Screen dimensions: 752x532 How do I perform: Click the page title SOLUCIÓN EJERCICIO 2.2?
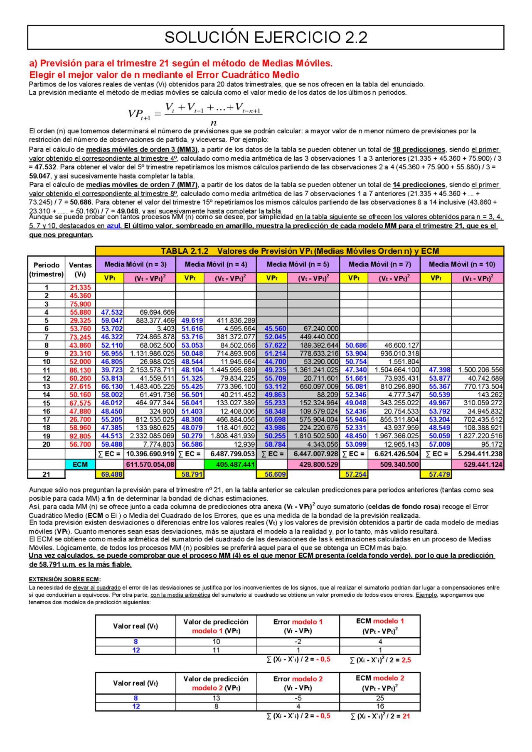click(x=266, y=37)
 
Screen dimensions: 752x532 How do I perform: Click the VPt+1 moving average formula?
click(x=195, y=113)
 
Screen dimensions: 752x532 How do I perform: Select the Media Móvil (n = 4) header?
click(x=216, y=265)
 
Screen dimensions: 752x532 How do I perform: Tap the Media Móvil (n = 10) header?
click(x=462, y=265)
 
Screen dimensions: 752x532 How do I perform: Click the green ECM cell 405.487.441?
click(x=230, y=465)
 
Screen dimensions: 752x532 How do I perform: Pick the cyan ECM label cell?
click(x=80, y=465)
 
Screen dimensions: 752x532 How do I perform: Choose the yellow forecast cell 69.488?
click(x=112, y=474)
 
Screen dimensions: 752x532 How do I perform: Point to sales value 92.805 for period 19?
click(x=80, y=436)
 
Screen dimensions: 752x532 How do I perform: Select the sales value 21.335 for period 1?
click(x=80, y=287)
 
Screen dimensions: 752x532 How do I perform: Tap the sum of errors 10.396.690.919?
click(x=150, y=454)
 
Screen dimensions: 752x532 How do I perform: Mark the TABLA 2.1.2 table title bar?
click(x=299, y=251)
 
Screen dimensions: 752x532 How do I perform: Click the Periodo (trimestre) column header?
click(x=47, y=269)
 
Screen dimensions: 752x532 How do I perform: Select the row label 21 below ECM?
click(x=46, y=474)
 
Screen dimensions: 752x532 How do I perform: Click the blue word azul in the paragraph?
click(x=113, y=226)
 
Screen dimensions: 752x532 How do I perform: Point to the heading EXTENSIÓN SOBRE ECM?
click(x=64, y=579)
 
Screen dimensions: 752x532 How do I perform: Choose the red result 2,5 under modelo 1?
click(x=406, y=660)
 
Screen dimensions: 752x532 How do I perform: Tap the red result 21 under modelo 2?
click(x=406, y=716)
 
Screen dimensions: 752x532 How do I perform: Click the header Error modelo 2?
click(x=298, y=683)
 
